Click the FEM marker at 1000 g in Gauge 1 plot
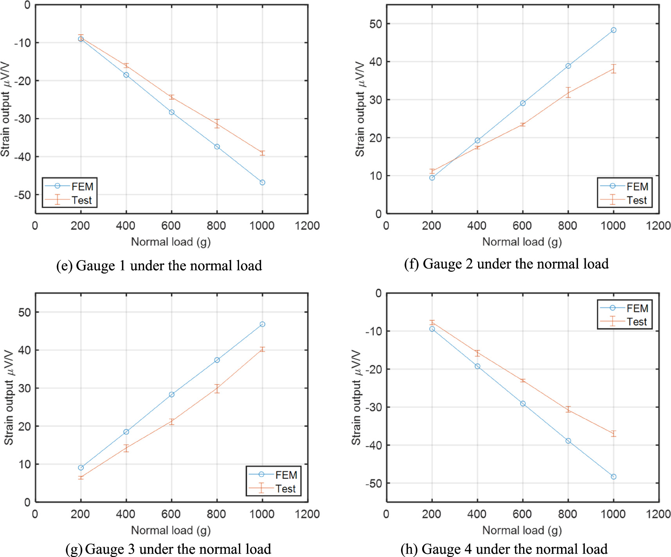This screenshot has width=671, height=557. point(262,182)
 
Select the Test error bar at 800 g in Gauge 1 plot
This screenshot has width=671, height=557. point(217,124)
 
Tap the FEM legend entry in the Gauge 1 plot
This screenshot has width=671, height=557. point(70,186)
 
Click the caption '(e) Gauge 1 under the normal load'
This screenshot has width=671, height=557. point(159,266)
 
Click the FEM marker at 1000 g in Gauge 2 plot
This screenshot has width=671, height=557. point(613,30)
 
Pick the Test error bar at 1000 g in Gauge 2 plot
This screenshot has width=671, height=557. point(613,69)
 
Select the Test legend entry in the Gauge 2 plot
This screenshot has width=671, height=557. point(624,200)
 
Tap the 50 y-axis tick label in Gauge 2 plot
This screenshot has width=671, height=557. point(375,24)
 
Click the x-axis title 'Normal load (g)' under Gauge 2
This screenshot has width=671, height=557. point(522,242)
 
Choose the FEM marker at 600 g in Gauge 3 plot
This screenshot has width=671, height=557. point(171,394)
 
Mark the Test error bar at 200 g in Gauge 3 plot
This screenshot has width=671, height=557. point(81,477)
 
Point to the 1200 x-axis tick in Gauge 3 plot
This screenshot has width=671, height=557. point(307,514)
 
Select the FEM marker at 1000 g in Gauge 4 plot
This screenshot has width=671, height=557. point(613,476)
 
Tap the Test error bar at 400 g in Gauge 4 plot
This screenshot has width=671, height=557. point(477,353)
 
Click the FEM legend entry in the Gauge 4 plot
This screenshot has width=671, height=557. point(624,308)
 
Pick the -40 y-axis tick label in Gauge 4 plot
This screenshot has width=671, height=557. point(373,445)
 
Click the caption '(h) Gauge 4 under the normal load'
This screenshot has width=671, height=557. point(504,549)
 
